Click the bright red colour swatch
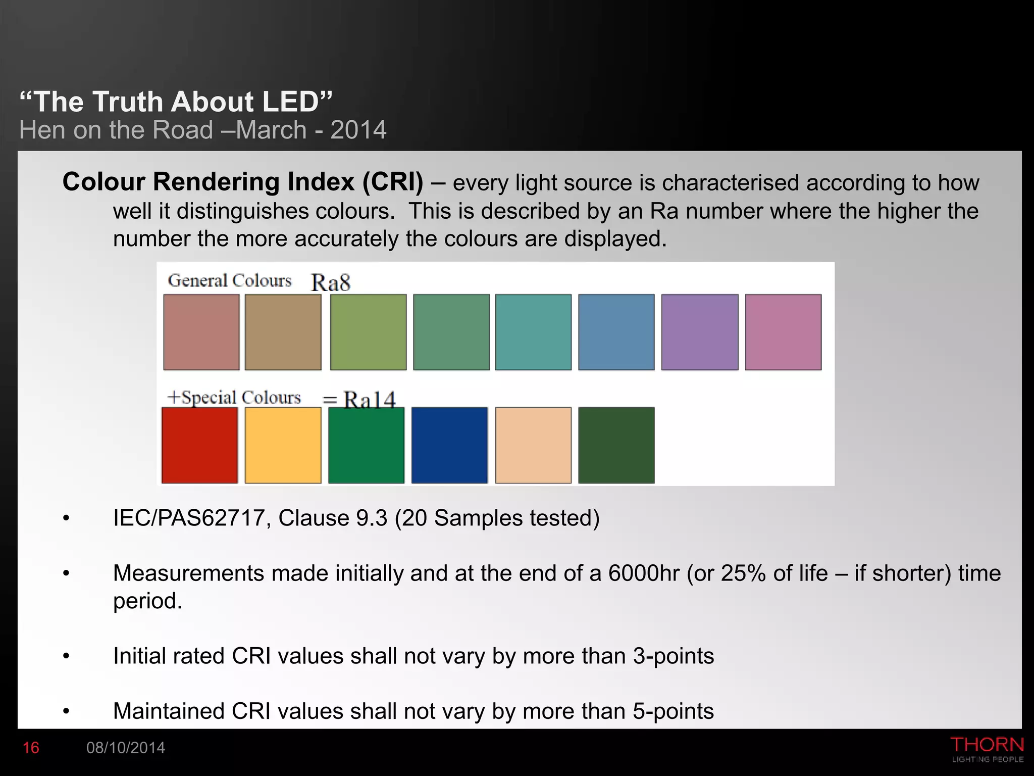tap(199, 445)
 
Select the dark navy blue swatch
tap(449, 445)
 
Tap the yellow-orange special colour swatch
tap(283, 445)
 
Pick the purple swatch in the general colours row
tap(700, 332)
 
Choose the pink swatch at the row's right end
tap(783, 332)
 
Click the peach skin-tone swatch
tap(533, 445)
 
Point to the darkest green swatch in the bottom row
tap(616, 445)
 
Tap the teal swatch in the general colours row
tap(533, 332)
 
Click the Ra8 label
tap(331, 282)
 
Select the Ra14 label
tap(370, 400)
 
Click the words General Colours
tap(230, 280)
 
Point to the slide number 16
tap(31, 748)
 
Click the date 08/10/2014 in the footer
tap(126, 748)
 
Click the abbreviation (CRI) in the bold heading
tap(393, 182)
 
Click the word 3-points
tap(674, 656)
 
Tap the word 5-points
tap(674, 711)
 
